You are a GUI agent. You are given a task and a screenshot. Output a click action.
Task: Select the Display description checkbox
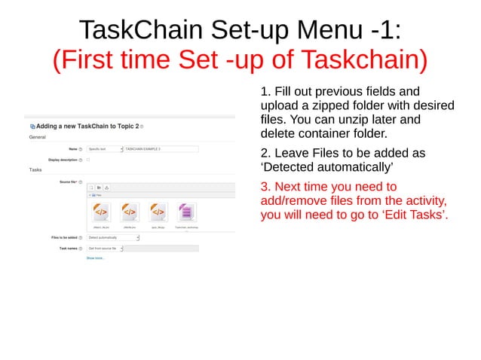[x=88, y=160]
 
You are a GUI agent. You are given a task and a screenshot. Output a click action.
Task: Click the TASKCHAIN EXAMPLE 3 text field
[x=161, y=149]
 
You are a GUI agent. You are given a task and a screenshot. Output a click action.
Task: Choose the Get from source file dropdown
[x=105, y=248]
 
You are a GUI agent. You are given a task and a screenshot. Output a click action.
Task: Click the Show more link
[x=95, y=258]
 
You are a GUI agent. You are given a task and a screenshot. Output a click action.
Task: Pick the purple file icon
[x=185, y=212]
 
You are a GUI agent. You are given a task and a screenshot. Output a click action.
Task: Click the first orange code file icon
[x=100, y=212]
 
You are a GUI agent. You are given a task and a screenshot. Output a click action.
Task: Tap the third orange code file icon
[x=158, y=212]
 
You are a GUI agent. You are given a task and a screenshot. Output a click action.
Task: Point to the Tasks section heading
[x=35, y=170]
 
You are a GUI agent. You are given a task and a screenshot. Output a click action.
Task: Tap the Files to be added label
[x=59, y=237]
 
